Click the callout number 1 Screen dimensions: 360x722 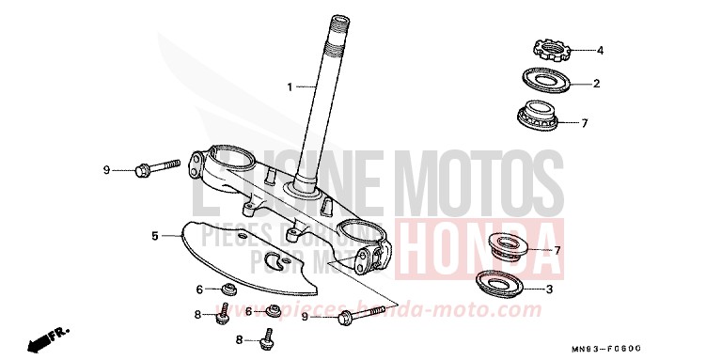tap(290, 86)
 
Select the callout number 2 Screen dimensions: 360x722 tap(596, 85)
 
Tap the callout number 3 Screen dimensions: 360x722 tap(550, 289)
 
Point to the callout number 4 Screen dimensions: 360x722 tap(600, 50)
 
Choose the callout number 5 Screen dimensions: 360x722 tap(154, 236)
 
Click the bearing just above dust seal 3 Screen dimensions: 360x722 tap(510, 247)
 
